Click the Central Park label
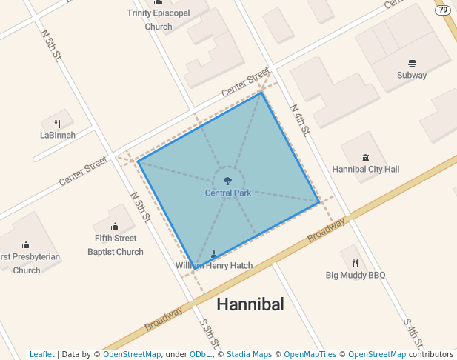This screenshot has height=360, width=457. [x=228, y=193]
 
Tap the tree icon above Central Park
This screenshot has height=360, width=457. [x=228, y=180]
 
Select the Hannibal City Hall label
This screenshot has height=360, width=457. [x=365, y=170]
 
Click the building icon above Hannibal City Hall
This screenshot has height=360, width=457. [x=365, y=157]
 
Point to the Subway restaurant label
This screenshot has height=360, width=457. [x=412, y=76]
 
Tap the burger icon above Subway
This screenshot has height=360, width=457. [x=412, y=63]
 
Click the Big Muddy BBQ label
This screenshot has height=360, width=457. [x=356, y=276]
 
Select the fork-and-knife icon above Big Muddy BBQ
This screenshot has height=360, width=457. [x=356, y=263]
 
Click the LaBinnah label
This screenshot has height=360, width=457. [x=57, y=136]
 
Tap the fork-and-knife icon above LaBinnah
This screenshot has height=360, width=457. [x=57, y=123]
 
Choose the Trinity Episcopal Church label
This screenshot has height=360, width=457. [x=159, y=19]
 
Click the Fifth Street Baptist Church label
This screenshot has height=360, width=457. [x=115, y=245]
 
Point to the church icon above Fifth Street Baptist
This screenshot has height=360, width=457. [x=115, y=227]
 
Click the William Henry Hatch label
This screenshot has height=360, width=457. [x=214, y=266]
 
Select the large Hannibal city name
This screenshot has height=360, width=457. [x=250, y=304]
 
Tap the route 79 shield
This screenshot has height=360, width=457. [x=443, y=10]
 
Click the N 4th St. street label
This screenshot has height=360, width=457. [x=299, y=119]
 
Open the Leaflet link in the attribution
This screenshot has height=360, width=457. [x=41, y=355]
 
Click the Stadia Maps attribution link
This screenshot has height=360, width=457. [x=249, y=355]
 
